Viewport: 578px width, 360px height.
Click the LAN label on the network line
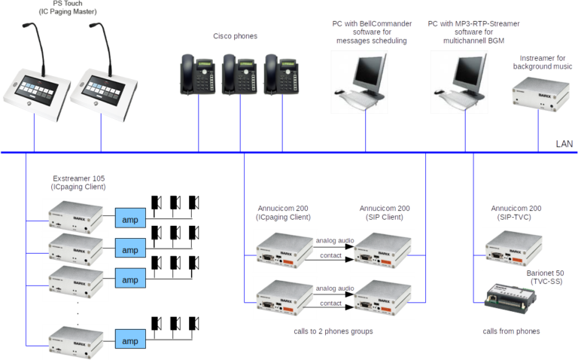coord(564,143)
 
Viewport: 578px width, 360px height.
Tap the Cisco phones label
coord(235,36)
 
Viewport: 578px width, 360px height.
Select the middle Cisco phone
coord(241,73)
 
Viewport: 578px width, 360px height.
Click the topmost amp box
coord(129,218)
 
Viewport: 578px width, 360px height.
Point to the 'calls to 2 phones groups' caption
coord(333,331)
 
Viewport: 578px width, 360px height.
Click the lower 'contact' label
coord(331,303)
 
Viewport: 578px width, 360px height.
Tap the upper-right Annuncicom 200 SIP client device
coord(382,249)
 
